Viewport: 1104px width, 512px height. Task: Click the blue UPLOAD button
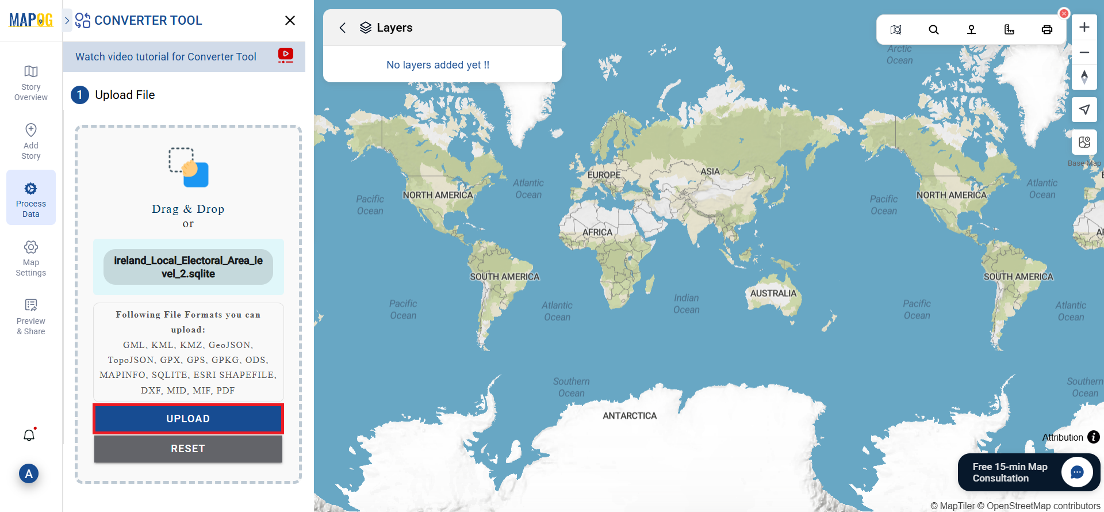click(x=188, y=419)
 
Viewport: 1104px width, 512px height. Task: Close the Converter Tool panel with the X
click(x=290, y=21)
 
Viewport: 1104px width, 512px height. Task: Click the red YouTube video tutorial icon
click(x=285, y=55)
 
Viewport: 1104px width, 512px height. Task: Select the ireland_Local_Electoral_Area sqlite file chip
click(x=188, y=267)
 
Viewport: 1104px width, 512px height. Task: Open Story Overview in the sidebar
click(x=31, y=83)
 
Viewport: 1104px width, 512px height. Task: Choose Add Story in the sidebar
click(x=31, y=142)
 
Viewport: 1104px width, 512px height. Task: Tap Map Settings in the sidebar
click(x=31, y=258)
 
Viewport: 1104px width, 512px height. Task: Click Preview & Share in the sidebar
click(x=31, y=317)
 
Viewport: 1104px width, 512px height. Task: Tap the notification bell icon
click(x=29, y=435)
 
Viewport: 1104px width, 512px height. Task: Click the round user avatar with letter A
click(x=29, y=474)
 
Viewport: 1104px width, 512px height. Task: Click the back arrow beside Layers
click(x=343, y=28)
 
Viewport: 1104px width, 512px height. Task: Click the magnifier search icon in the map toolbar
click(x=934, y=30)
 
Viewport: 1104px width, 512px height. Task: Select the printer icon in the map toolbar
click(x=1047, y=30)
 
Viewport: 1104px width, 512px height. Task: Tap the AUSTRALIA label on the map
click(x=773, y=293)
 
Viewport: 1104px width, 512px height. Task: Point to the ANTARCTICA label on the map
click(x=630, y=416)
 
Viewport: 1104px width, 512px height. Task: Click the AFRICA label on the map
click(x=597, y=232)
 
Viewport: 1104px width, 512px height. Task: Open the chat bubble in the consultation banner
click(x=1077, y=472)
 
